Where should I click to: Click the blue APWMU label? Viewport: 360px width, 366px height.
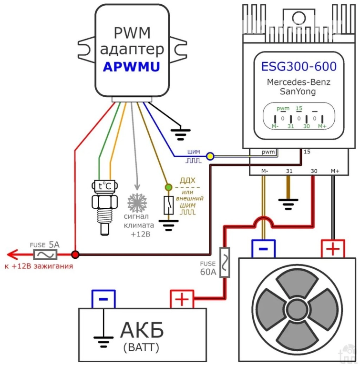click(x=132, y=67)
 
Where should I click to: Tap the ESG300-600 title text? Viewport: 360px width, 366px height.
click(x=299, y=66)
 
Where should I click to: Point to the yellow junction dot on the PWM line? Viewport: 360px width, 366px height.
click(x=210, y=155)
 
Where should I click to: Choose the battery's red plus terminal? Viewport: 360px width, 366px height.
click(x=182, y=299)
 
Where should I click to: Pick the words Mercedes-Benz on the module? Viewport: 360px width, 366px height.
click(x=299, y=82)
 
